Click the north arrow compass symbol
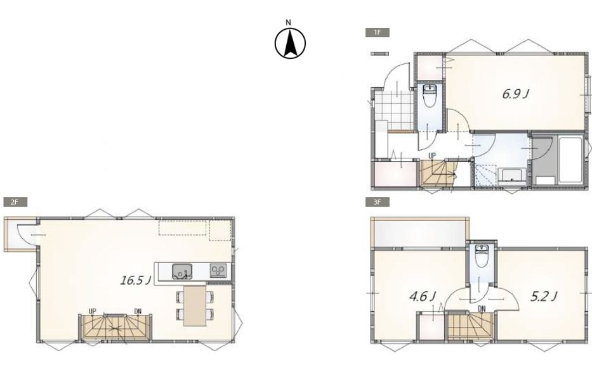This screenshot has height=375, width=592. [290, 43]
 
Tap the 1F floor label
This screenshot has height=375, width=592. [377, 32]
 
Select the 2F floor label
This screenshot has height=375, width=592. [15, 202]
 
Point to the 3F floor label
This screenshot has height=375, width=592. [377, 202]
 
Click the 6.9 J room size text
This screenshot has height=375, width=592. [515, 94]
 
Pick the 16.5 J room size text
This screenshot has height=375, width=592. [136, 281]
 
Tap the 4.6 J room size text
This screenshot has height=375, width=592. [423, 296]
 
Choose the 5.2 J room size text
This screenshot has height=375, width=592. [544, 296]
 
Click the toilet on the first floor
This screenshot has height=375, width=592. [430, 96]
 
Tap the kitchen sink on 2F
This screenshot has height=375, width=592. [182, 271]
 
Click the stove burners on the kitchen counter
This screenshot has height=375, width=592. [218, 270]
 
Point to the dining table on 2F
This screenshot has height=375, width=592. [195, 306]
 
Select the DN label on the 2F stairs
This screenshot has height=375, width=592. [138, 311]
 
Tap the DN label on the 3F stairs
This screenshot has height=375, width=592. [482, 308]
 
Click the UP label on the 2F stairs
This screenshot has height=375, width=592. [93, 311]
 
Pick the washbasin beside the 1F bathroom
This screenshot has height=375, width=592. [512, 176]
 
